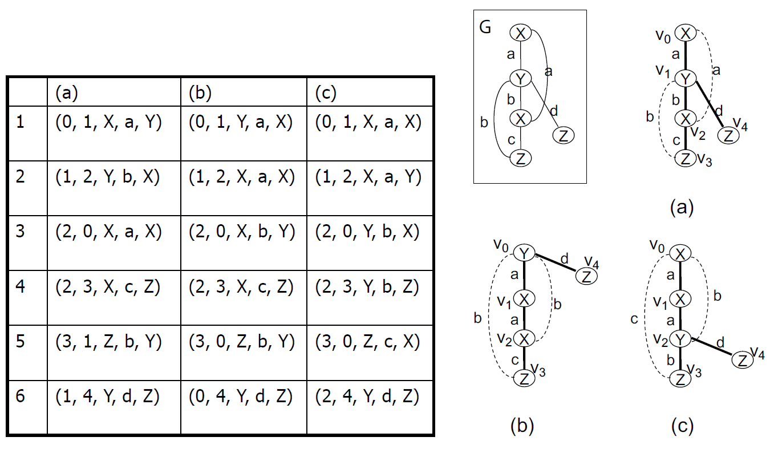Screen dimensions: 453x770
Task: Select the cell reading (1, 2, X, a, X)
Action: click(x=241, y=179)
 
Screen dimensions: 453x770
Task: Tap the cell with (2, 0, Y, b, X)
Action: click(x=368, y=233)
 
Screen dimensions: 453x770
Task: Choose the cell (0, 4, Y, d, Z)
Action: click(x=241, y=397)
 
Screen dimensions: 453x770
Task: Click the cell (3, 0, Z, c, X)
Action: click(x=368, y=342)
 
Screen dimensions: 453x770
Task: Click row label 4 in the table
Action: click(x=21, y=287)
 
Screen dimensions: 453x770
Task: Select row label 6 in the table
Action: click(x=21, y=397)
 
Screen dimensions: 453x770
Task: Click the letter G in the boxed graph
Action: click(x=485, y=28)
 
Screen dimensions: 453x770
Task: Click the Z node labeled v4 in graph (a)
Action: click(x=728, y=136)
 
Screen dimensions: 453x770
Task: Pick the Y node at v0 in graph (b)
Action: click(x=524, y=252)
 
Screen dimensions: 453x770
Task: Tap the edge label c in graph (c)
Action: click(x=634, y=319)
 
